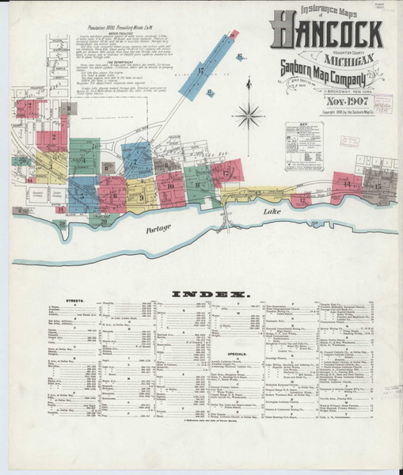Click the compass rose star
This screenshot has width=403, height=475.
[x=249, y=116]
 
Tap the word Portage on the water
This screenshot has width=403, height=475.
[x=158, y=229]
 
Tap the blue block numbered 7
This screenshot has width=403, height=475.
[x=136, y=161]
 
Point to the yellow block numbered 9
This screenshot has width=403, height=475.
[x=141, y=196]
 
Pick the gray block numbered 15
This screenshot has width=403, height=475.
[x=377, y=188]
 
